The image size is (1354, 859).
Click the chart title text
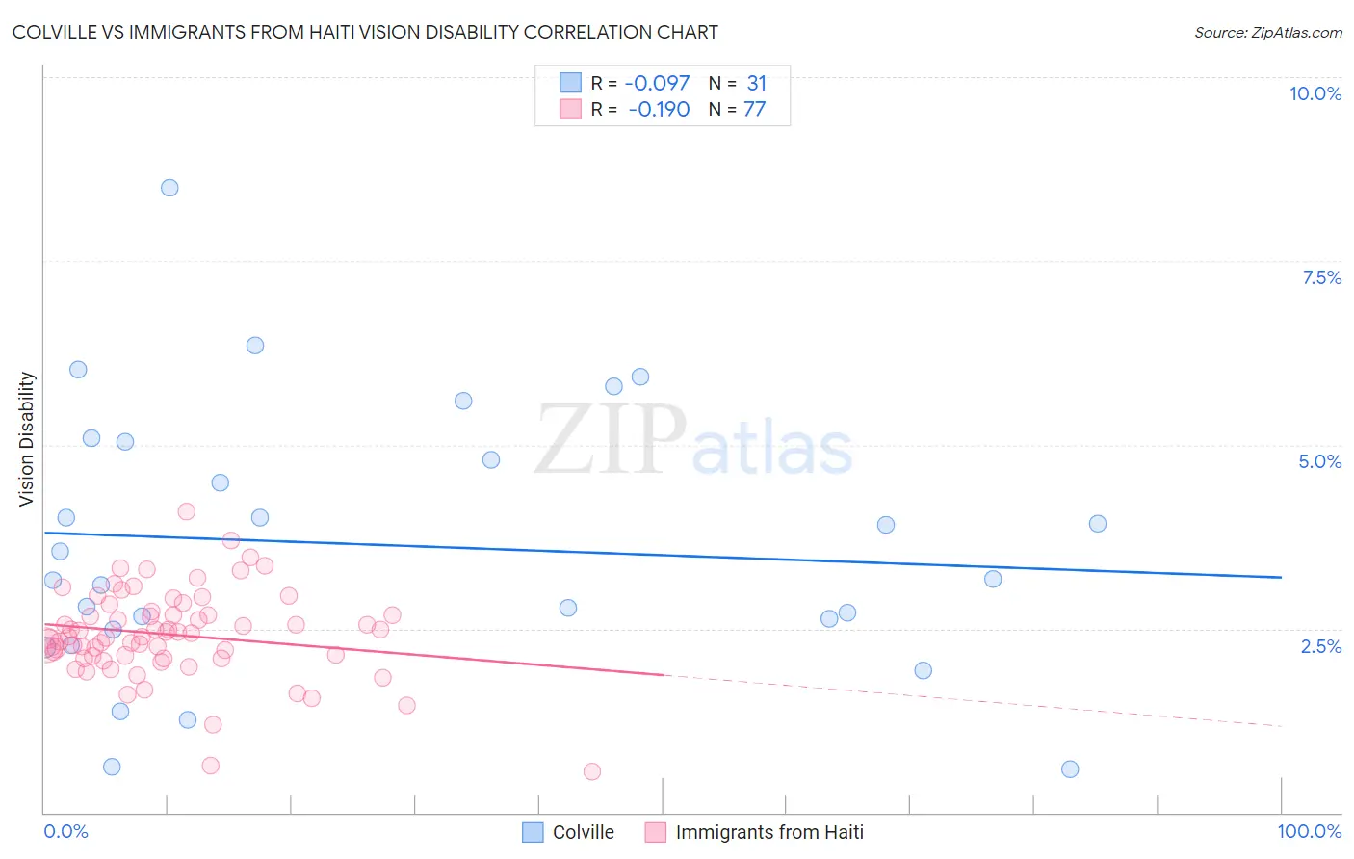365,32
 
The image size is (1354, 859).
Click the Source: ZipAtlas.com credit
1267,32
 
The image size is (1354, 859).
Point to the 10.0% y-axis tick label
1315,93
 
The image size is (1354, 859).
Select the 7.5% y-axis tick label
1321,277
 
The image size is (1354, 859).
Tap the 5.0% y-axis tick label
1319,461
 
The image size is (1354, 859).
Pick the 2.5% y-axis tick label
1320,646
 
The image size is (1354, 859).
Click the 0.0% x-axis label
65,831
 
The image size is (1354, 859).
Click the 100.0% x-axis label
1309,831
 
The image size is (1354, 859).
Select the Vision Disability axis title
27,439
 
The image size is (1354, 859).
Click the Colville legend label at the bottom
583,832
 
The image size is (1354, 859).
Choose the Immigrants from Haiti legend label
769,832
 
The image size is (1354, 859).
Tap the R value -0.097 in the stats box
657,84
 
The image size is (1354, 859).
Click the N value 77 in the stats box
754,109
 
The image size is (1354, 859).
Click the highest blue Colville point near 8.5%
169,188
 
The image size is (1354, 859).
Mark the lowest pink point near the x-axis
592,771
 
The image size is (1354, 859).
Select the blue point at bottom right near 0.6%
1070,768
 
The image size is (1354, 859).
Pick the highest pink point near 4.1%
187,511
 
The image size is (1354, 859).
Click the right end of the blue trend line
1281,577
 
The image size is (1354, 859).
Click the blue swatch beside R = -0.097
570,83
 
